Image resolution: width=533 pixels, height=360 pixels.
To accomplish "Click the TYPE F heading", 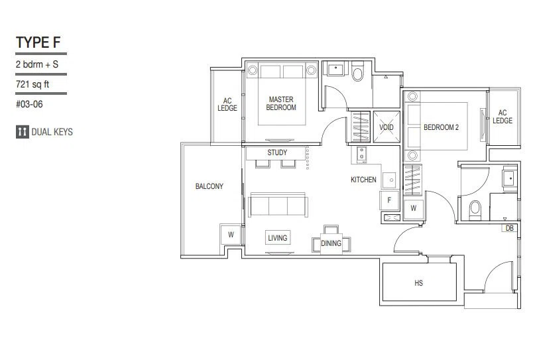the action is coord(38,42).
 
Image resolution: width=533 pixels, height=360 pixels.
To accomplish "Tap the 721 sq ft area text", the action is coord(32,84).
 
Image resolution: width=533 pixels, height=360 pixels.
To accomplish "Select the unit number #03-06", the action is coord(29,104).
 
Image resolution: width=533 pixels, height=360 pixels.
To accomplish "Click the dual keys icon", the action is coord(22,132).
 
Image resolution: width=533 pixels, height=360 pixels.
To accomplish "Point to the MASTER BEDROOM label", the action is coord(281,103).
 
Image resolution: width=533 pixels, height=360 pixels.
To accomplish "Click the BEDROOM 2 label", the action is coord(441,127).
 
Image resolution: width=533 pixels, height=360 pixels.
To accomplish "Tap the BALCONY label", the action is coord(209,186).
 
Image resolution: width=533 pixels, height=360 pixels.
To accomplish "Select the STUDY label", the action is coord(277,152).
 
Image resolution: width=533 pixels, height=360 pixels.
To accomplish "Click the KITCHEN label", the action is coord(363,180).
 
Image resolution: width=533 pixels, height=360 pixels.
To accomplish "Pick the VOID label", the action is coord(386,127).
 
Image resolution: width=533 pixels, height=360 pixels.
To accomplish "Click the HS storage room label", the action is coord(418,283).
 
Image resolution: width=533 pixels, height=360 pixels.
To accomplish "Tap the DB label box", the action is coord(510,228).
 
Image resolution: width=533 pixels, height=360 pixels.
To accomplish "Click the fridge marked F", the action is coord(389,200).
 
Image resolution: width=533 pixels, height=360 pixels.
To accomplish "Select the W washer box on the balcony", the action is coord(231,234).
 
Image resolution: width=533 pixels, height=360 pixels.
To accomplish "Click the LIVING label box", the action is coord(278,238).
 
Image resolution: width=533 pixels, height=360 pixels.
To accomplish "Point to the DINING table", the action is coord(331,243).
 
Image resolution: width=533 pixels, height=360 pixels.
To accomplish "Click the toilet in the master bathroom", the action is coord(357,72).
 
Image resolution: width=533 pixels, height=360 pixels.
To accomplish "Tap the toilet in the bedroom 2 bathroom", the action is coord(475,210).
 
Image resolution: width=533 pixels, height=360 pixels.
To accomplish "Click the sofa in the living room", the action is coord(278,205).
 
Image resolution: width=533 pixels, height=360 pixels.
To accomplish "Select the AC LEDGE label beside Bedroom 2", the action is coord(503,117).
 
